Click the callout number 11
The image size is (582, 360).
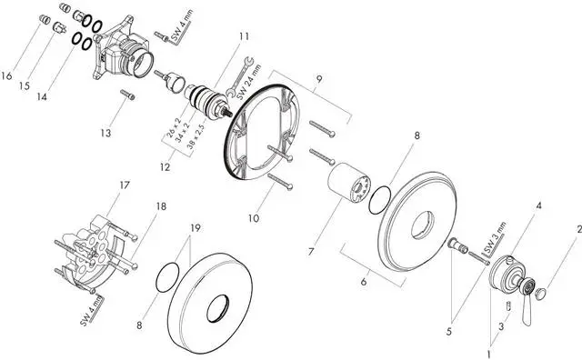click(x=244, y=36)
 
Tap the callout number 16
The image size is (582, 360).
click(x=6, y=76)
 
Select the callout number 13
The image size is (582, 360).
click(x=105, y=133)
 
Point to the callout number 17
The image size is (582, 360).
click(x=125, y=185)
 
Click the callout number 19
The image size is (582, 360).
click(x=196, y=227)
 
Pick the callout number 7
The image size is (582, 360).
click(x=311, y=252)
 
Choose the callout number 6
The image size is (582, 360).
click(x=364, y=282)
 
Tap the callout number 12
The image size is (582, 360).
click(x=166, y=167)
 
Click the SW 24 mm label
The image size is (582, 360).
click(x=249, y=83)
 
